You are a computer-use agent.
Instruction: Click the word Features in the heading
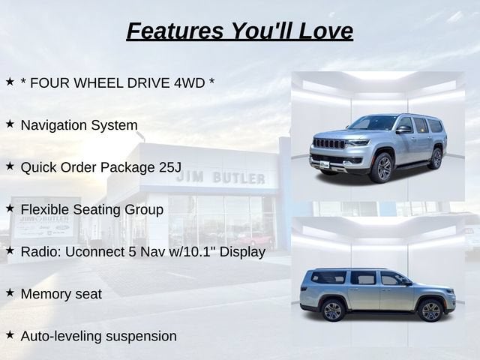[x=175, y=31]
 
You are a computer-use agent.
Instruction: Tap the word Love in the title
[x=325, y=31]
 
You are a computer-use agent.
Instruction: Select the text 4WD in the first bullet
[x=190, y=83]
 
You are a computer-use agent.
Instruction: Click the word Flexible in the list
[x=45, y=210]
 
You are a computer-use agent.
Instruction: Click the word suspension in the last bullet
[x=142, y=337]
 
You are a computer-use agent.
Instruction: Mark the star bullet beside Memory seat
[x=10, y=292]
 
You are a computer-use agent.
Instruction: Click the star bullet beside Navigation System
[x=10, y=124]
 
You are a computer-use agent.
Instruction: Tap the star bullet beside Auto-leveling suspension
[x=10, y=334]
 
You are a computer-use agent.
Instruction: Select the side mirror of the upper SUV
[x=403, y=129]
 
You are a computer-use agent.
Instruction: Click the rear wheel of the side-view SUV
[x=333, y=310]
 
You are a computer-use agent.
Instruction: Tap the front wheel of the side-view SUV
[x=430, y=311]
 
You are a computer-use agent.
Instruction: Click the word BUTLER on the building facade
[x=238, y=178]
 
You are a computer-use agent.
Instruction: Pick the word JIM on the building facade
[x=190, y=177]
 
